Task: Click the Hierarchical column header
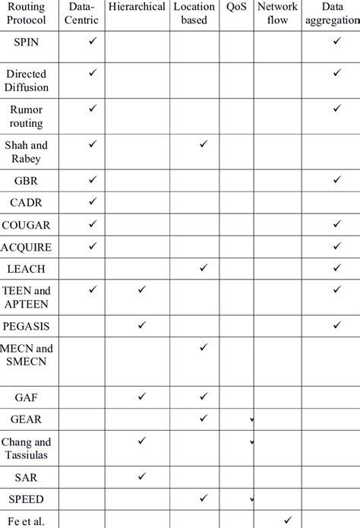tap(137, 7)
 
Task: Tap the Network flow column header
tap(278, 13)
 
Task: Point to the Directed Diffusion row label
tap(27, 81)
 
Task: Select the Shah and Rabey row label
tap(27, 152)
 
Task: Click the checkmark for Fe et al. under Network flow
tap(287, 520)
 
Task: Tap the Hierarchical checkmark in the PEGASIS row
tap(141, 324)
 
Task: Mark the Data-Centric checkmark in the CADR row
tap(93, 201)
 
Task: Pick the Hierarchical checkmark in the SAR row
tap(141, 476)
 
